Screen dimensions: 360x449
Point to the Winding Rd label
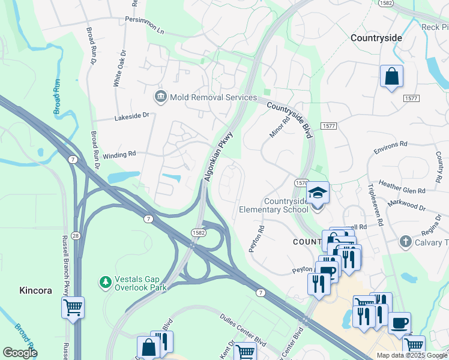tap(119, 155)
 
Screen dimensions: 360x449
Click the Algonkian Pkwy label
tap(218, 158)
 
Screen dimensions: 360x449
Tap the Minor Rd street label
tap(276, 127)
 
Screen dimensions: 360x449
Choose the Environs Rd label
tap(390, 144)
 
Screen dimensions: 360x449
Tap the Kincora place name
tap(35, 290)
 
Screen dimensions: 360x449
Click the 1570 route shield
tap(302, 182)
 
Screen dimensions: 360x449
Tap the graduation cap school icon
tap(318, 193)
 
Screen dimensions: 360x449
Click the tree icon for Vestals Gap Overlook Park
tap(106, 281)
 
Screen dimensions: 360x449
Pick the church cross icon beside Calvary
tap(406, 242)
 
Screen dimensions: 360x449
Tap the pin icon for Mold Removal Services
tap(160, 97)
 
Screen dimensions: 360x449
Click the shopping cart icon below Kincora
tap(73, 308)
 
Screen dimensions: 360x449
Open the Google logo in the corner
tap(20, 353)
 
